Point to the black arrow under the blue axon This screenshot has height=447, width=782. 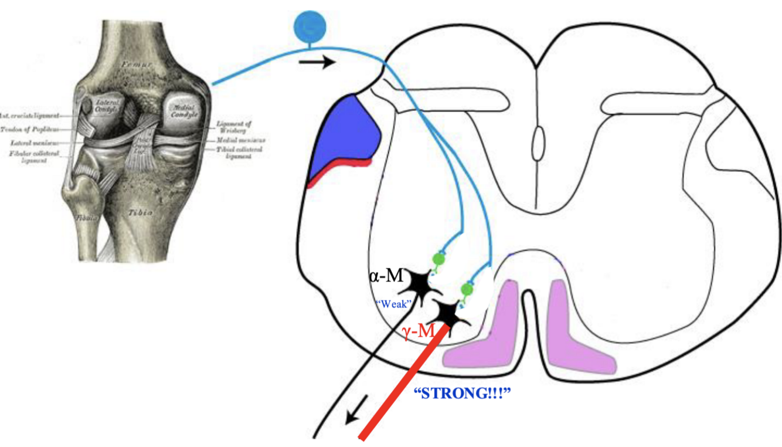click(x=317, y=62)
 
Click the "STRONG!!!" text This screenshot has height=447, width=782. click(x=463, y=392)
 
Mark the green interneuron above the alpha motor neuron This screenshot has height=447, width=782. click(x=438, y=258)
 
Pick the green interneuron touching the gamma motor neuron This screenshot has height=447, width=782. click(x=467, y=289)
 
